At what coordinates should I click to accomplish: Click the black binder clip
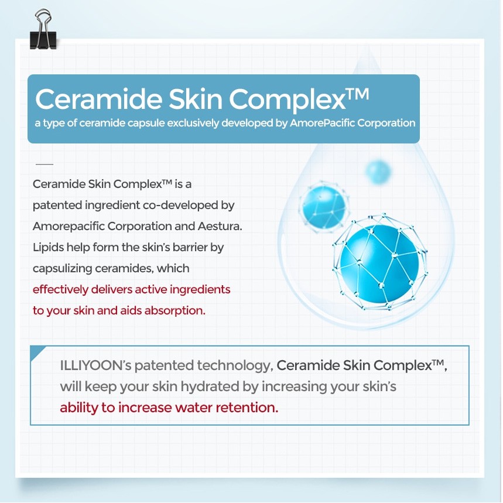43,30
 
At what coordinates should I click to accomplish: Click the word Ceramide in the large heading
99,99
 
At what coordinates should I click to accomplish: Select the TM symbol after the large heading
358,94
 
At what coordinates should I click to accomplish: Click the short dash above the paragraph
45,164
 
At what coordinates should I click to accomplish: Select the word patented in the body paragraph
57,206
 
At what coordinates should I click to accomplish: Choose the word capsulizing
62,269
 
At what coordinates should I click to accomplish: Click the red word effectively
61,290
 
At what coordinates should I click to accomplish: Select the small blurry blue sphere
378,172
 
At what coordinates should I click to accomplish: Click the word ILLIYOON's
95,365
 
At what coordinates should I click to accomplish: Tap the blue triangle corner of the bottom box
36,351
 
